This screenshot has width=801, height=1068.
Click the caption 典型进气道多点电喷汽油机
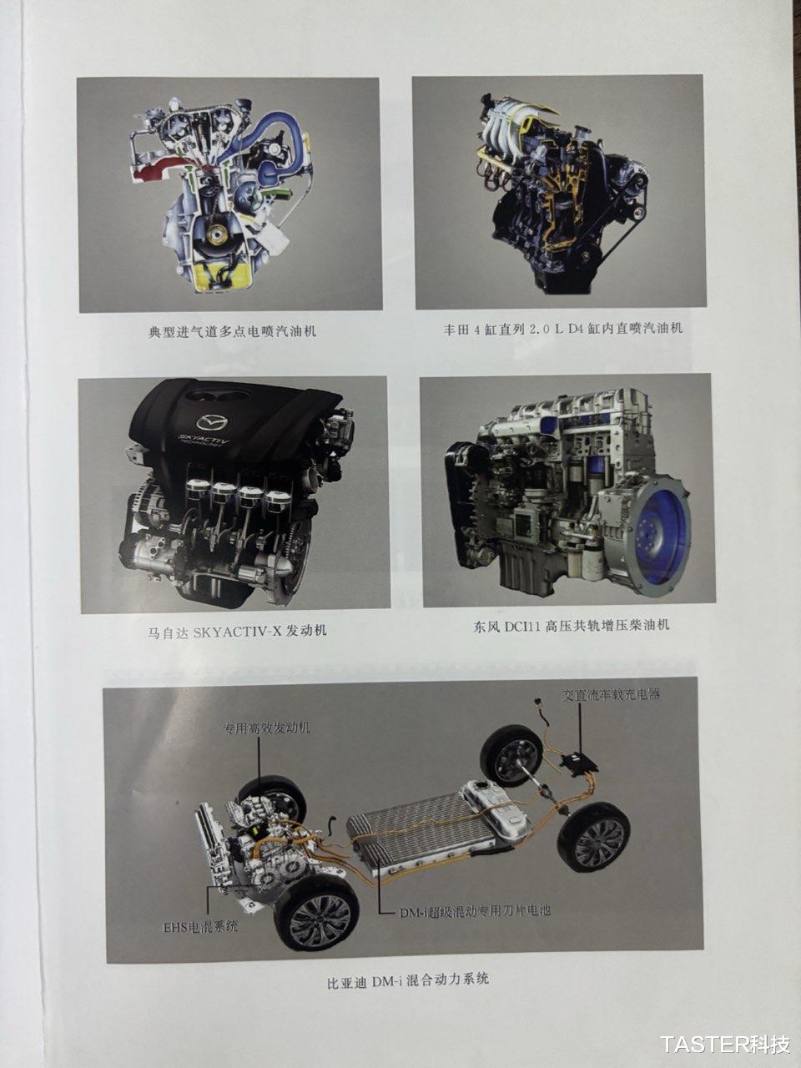[x=233, y=332]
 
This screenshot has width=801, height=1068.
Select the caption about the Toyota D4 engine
[x=562, y=329]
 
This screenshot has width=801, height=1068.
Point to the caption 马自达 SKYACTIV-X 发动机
[x=237, y=632]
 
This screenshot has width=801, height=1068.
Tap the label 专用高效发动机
[x=266, y=728]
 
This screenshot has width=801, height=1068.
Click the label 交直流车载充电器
[x=612, y=694]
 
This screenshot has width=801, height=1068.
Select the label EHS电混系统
[x=201, y=927]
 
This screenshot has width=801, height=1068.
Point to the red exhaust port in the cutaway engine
[x=156, y=172]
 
